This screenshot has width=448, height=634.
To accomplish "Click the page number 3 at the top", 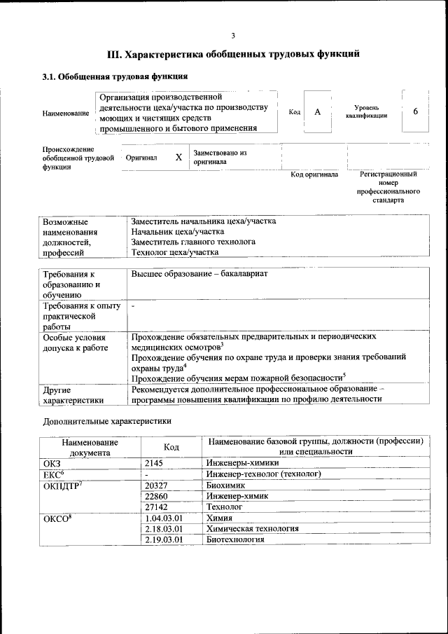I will [232, 35].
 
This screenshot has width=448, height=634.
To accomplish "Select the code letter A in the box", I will [317, 112].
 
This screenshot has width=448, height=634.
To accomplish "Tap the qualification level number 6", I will [416, 111].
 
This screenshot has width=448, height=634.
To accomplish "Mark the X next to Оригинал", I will [178, 158].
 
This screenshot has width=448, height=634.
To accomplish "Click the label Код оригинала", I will [314, 174].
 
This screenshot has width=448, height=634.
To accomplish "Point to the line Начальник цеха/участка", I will [178, 231].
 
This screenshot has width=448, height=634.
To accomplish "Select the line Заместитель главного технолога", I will [193, 242].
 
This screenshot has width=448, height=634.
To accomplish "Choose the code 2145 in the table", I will [155, 463].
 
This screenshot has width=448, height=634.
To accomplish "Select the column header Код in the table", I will [171, 446].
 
